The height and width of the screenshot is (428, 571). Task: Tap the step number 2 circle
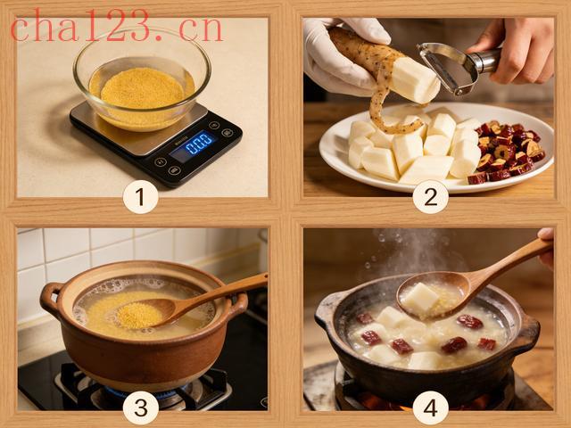pos(430,196)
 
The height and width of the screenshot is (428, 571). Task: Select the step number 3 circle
pos(140,407)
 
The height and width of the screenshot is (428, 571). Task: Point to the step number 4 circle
pos(430,407)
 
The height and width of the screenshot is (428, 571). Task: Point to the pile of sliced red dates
pos(508,151)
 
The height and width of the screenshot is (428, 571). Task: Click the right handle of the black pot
pos(528,329)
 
